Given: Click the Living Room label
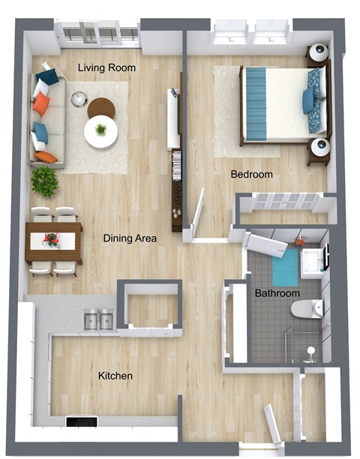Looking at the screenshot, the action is pyautogui.click(x=106, y=68).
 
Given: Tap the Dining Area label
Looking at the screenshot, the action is pyautogui.click(x=130, y=238).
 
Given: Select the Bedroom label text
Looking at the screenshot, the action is pyautogui.click(x=252, y=175).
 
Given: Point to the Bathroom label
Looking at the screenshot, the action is pyautogui.click(x=277, y=293).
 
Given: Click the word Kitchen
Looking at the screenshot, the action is pyautogui.click(x=115, y=376).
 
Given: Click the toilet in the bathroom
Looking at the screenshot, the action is pyautogui.click(x=307, y=308).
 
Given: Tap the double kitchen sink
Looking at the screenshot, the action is pyautogui.click(x=99, y=319).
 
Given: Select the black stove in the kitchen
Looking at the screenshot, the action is pyautogui.click(x=82, y=421).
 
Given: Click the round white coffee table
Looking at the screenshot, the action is pyautogui.click(x=101, y=132).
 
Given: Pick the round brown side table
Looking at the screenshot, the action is pyautogui.click(x=101, y=107).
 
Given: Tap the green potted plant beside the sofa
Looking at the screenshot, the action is pyautogui.click(x=45, y=181).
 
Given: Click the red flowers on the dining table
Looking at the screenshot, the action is pyautogui.click(x=52, y=238).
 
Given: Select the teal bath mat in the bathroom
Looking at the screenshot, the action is pyautogui.click(x=285, y=268).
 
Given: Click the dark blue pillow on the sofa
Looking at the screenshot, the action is pyautogui.click(x=47, y=76).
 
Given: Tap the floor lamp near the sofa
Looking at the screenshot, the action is pyautogui.click(x=79, y=98).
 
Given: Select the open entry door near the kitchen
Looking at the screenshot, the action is pyautogui.click(x=272, y=424).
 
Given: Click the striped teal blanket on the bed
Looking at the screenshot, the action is pyautogui.click(x=256, y=103).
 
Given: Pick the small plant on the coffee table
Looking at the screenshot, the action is pyautogui.click(x=101, y=130).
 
